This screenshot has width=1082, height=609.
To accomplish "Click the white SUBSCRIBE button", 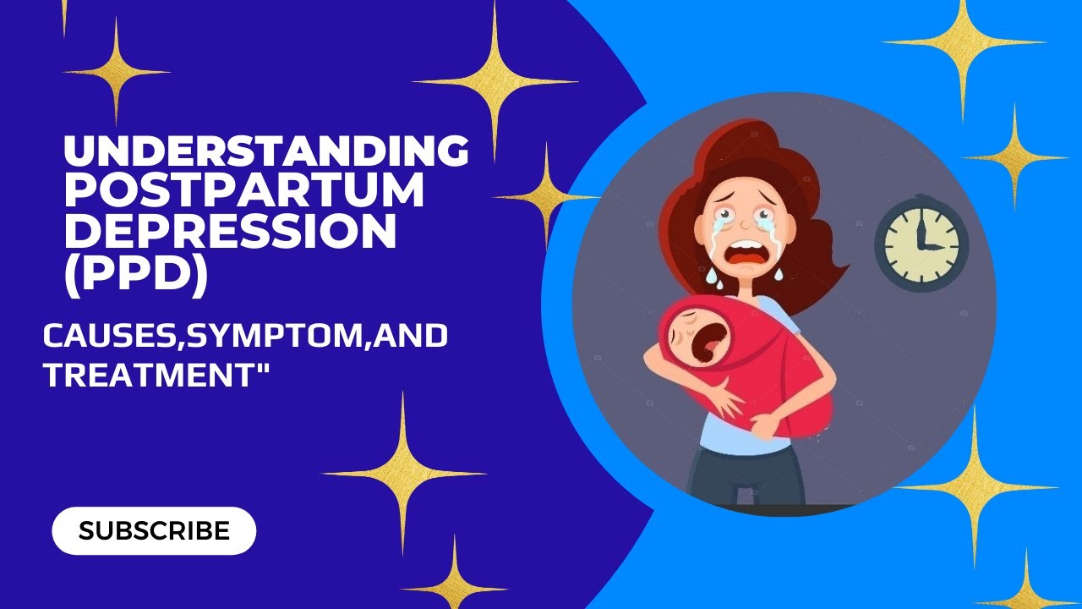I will pyautogui.click(x=154, y=530).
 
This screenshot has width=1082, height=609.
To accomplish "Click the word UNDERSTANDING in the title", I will pyautogui.click(x=266, y=151).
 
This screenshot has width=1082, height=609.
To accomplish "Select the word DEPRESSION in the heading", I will pyautogui.click(x=230, y=233).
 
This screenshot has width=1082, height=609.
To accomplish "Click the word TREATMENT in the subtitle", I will pyautogui.click(x=147, y=373).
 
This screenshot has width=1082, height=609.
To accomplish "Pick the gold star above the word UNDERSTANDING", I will pyautogui.click(x=116, y=72).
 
